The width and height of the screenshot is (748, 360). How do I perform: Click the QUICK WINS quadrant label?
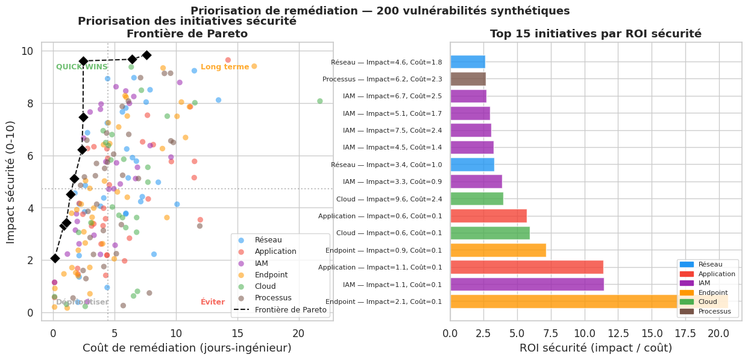pyautogui.click(x=82, y=67)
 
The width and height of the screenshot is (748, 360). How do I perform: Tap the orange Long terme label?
pyautogui.click(x=225, y=67)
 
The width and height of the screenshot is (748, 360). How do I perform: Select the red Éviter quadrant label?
pyautogui.click(x=213, y=302)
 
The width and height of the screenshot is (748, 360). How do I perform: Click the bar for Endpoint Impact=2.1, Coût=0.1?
pyautogui.click(x=588, y=302)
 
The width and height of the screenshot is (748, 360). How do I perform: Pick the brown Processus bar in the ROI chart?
pyautogui.click(x=468, y=79)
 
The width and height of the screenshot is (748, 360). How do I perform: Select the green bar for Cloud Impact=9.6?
pyautogui.click(x=476, y=198)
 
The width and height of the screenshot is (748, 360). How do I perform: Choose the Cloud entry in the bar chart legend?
pyautogui.click(x=707, y=302)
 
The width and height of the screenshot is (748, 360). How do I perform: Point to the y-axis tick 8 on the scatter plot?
pyautogui.click(x=29, y=103)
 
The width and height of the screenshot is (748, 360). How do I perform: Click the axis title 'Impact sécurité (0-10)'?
pyautogui.click(x=11, y=181)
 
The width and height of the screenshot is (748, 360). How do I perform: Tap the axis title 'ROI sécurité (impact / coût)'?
pyautogui.click(x=596, y=348)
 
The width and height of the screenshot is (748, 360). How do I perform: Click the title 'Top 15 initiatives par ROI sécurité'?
pyautogui.click(x=596, y=34)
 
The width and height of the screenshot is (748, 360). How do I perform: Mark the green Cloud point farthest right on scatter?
pyautogui.click(x=320, y=101)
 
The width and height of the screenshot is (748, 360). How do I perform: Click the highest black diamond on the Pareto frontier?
pyautogui.click(x=146, y=55)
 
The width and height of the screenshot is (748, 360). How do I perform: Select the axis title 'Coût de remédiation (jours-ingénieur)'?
pyautogui.click(x=187, y=348)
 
